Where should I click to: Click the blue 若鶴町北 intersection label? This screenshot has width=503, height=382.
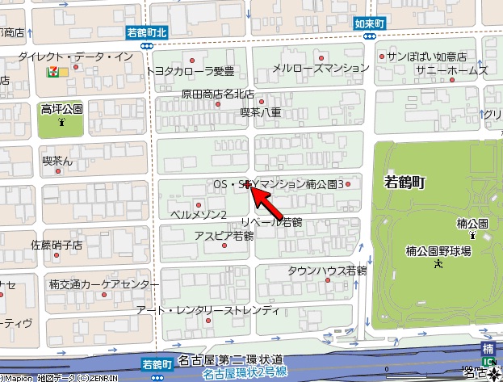147,33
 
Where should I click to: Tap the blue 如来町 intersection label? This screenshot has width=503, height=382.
370,24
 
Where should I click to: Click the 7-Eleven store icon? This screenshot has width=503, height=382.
52,71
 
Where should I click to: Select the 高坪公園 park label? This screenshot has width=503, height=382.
62,108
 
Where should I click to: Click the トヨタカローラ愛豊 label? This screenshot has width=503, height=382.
190,71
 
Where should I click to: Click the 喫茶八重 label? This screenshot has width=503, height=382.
261,113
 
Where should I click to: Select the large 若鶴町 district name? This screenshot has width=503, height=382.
405,183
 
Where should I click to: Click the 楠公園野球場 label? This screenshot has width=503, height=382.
438,251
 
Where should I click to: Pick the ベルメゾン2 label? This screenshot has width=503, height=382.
199,214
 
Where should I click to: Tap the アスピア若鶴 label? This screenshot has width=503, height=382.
224,236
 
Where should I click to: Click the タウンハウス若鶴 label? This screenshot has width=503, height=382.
327,271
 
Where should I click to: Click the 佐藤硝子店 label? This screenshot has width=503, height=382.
57,244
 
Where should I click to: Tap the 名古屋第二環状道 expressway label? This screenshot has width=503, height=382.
230,359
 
